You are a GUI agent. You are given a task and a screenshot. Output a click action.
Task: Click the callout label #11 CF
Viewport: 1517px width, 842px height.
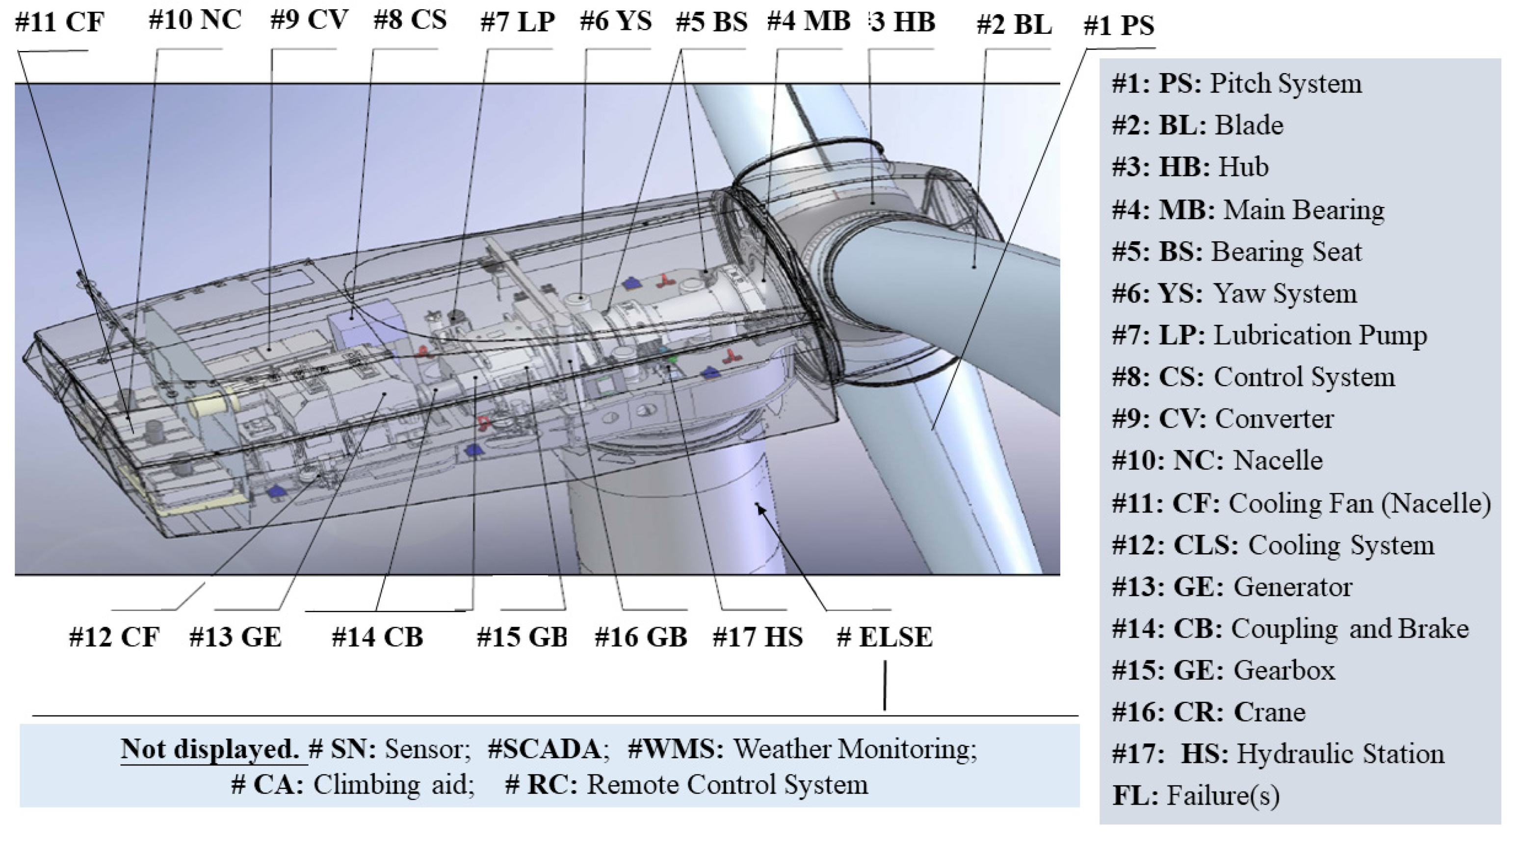tap(59, 23)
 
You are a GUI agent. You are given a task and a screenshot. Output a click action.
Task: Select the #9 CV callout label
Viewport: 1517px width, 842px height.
tap(309, 20)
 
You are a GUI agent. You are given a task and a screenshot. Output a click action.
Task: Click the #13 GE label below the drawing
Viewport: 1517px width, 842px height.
tap(235, 637)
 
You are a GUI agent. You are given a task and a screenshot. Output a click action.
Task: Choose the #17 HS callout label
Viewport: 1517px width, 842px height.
tap(758, 637)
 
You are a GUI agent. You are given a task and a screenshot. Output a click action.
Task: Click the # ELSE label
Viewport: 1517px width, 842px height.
tap(885, 637)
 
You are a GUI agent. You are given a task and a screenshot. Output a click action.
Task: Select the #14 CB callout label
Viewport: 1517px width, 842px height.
tap(377, 637)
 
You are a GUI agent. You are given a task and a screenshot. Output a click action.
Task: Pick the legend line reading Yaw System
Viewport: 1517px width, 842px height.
tap(1234, 293)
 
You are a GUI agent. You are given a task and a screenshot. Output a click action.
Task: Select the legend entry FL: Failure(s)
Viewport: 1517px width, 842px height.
tap(1196, 795)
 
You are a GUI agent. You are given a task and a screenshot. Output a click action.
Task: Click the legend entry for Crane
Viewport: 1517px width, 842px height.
tap(1208, 712)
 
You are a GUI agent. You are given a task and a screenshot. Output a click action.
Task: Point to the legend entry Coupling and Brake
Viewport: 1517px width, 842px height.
tap(1290, 628)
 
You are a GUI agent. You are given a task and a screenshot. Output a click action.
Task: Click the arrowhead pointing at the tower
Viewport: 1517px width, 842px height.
tap(761, 509)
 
